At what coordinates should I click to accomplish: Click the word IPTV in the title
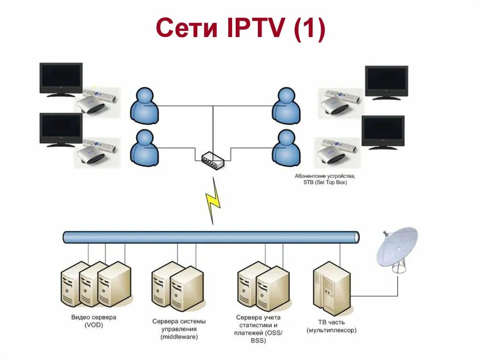(x=254, y=29)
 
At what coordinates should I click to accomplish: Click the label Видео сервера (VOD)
(x=94, y=321)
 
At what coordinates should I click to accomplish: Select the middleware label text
(x=179, y=329)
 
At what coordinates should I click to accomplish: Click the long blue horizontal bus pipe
(x=211, y=237)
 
